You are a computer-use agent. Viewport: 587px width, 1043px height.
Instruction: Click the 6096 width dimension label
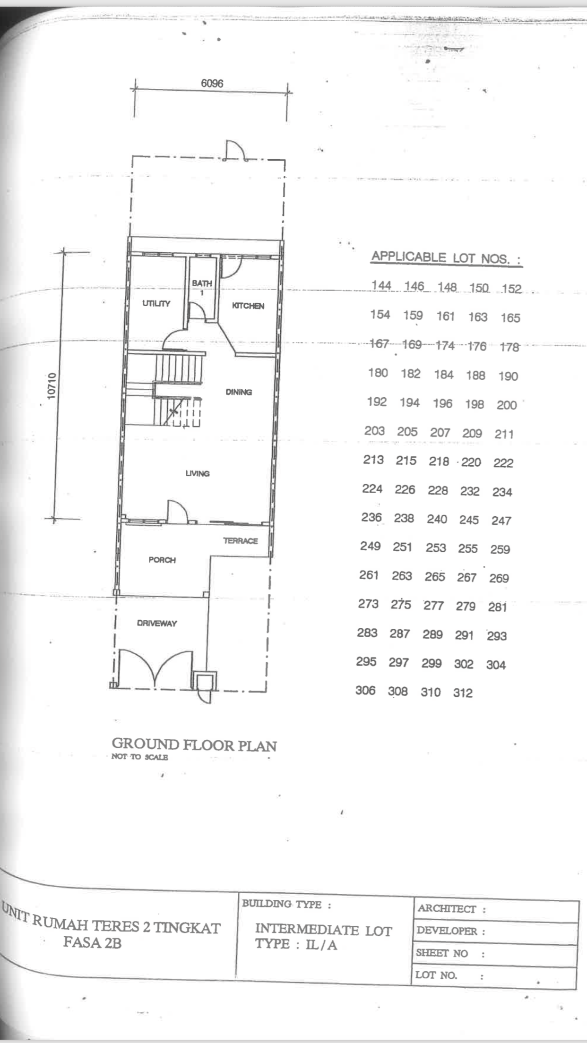(212, 83)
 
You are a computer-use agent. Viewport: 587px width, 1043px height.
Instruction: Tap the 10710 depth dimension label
(52, 386)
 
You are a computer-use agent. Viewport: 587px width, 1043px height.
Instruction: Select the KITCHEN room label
(248, 306)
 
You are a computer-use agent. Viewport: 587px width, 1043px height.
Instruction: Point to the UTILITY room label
(156, 303)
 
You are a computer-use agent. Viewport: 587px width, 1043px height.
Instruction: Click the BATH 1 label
(202, 287)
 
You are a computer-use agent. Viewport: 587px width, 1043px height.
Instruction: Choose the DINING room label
(239, 392)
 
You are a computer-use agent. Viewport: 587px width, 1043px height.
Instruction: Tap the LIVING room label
(198, 473)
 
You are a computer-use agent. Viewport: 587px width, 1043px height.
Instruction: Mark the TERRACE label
(241, 541)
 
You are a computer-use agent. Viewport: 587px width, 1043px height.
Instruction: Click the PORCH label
(162, 560)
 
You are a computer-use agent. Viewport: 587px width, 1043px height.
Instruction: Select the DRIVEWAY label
(157, 623)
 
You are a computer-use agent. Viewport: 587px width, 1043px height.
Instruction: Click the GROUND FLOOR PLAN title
(194, 745)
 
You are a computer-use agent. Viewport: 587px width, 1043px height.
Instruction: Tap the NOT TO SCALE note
(139, 757)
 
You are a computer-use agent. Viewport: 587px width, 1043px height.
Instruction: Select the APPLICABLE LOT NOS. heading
(446, 258)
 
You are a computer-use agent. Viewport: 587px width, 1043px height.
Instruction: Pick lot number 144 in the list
(381, 285)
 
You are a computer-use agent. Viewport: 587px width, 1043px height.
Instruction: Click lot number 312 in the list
(463, 692)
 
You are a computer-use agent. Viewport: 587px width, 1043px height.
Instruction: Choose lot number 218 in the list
(439, 461)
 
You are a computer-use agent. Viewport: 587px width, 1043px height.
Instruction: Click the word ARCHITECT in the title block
(447, 908)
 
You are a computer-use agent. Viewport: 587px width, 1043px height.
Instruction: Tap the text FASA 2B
(93, 943)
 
